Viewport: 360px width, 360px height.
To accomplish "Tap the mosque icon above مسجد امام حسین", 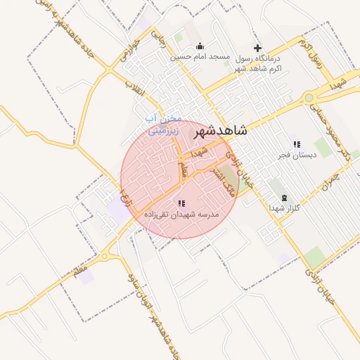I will [x=199, y=46].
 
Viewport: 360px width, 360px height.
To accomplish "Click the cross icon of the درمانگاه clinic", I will [x=257, y=48].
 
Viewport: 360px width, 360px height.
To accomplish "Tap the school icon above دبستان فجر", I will [x=296, y=144].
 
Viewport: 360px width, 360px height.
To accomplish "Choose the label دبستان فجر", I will [x=296, y=155].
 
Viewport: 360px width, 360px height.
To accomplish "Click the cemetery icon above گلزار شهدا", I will [x=283, y=198].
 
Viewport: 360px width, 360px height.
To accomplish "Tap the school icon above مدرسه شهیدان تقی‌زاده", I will [x=181, y=202].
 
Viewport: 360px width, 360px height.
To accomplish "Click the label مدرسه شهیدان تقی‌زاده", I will [x=181, y=213].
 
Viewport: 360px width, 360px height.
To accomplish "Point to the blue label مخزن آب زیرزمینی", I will [x=164, y=124].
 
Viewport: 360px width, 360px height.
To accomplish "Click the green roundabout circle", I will [x=309, y=98].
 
